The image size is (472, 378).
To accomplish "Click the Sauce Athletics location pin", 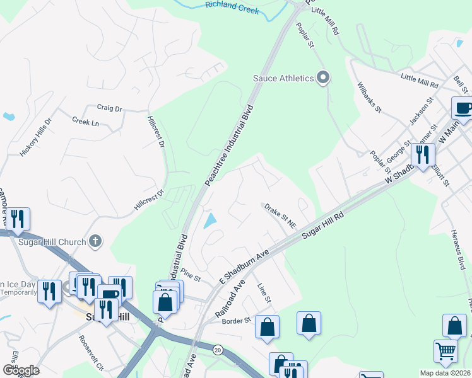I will click(x=323, y=78).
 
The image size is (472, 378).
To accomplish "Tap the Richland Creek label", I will click(x=232, y=8).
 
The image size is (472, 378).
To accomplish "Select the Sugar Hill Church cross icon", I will click(x=95, y=241).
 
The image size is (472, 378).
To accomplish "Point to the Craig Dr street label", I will click(x=109, y=108).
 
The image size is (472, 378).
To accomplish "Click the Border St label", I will click(x=237, y=321).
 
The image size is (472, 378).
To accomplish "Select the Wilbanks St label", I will click(x=369, y=98).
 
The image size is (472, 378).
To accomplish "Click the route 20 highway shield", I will click(x=218, y=349).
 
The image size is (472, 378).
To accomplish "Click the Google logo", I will click(x=21, y=370).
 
